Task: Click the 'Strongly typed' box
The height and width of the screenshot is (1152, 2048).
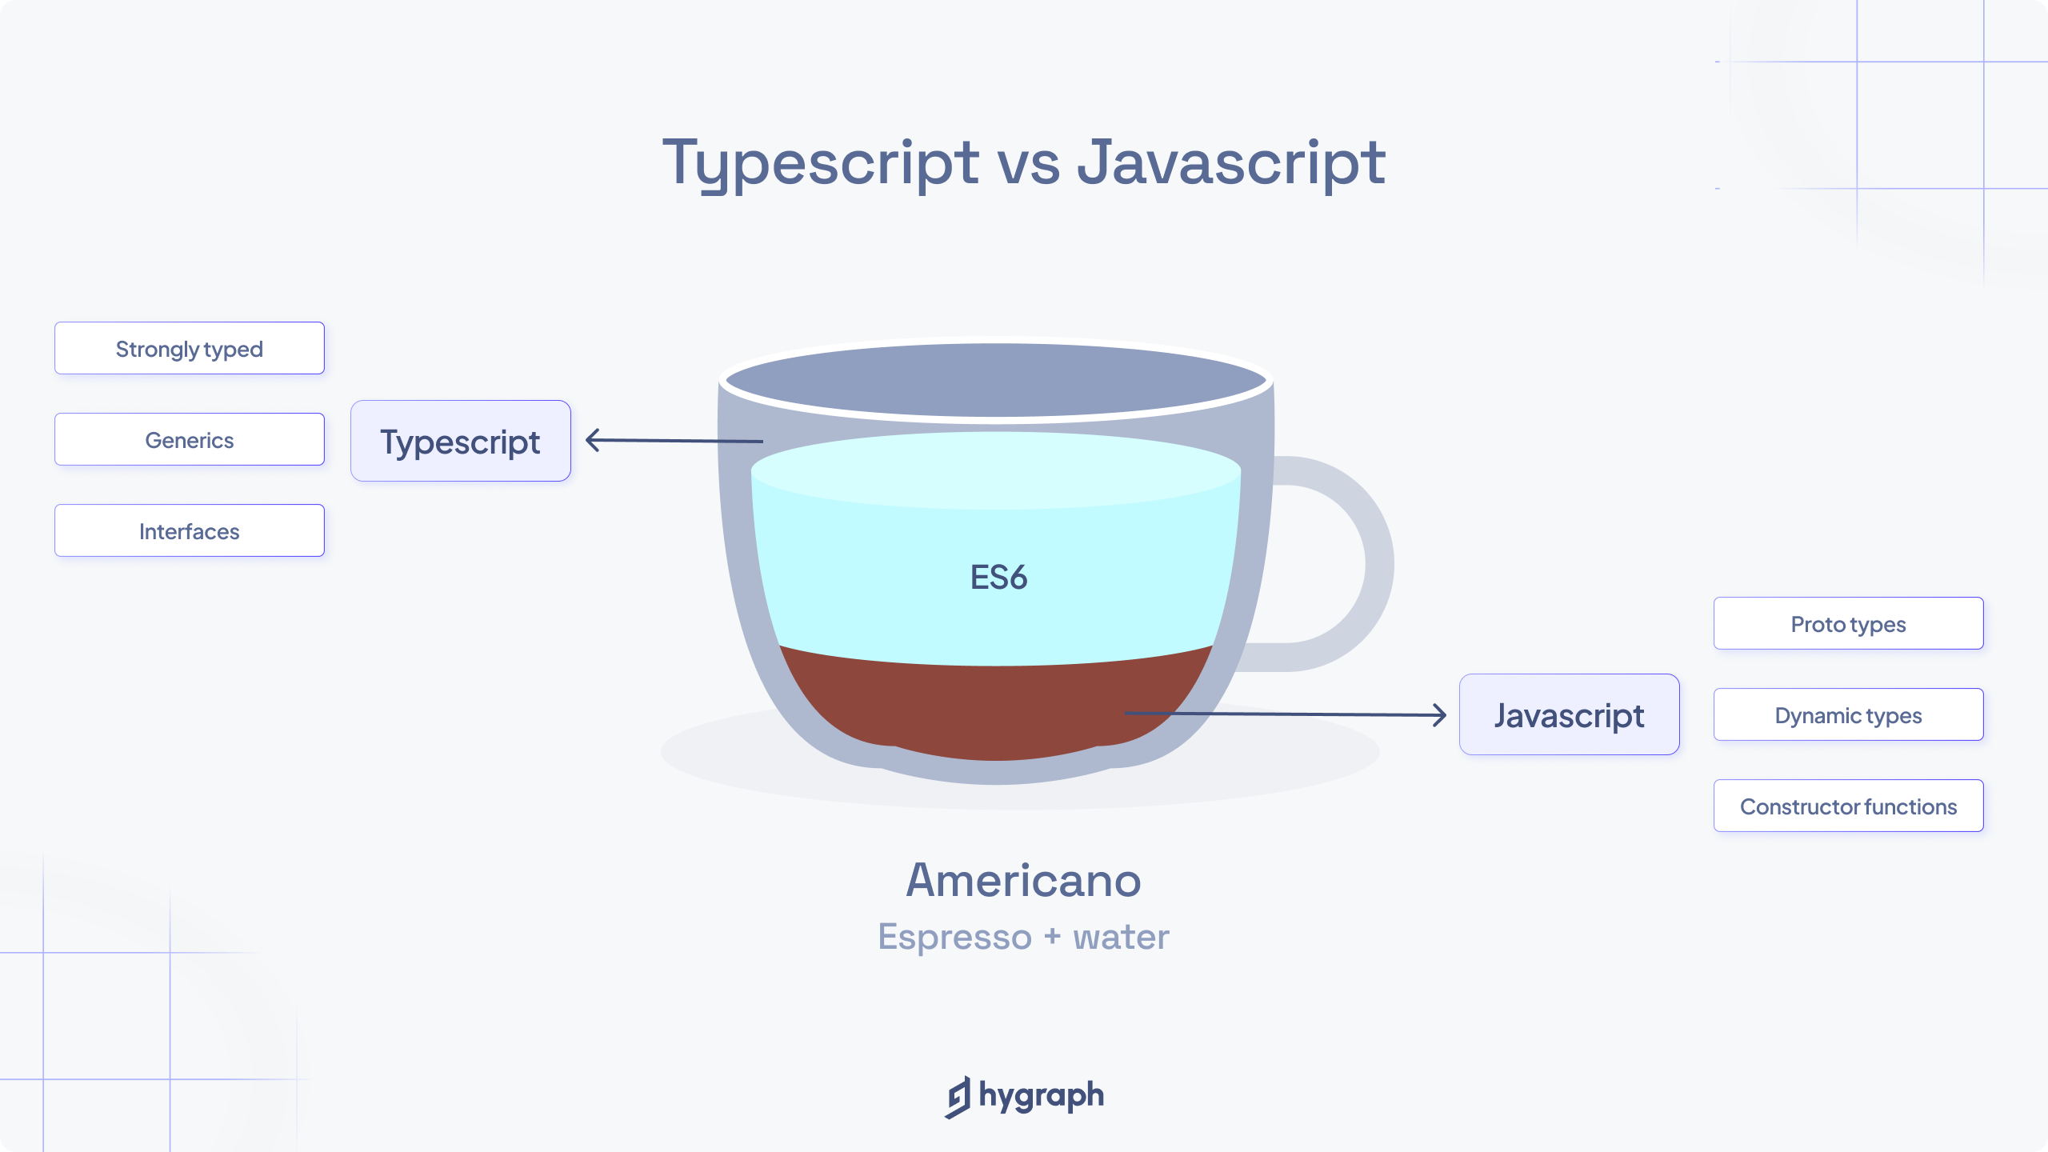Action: pos(190,348)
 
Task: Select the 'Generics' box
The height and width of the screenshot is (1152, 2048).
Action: pos(190,439)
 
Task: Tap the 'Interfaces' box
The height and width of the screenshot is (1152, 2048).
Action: pos(190,530)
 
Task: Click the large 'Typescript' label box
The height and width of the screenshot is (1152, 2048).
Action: pos(461,441)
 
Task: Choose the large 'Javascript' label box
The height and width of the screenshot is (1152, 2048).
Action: pos(1570,714)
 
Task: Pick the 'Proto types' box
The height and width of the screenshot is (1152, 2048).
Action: pos(1849,623)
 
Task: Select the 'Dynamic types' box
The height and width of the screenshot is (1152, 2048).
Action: pos(1849,714)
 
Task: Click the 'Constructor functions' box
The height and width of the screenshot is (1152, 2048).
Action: pos(1849,806)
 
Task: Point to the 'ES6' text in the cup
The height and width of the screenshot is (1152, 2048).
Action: pos(998,577)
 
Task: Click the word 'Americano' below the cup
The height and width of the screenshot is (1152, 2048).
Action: pos(1023,880)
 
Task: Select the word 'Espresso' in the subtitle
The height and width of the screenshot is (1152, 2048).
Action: pos(954,937)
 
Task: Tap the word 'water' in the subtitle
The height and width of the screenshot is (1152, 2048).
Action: pos(1121,937)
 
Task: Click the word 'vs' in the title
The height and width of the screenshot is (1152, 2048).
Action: pos(1028,163)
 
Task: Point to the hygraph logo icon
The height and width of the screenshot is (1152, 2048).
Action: pos(958,1097)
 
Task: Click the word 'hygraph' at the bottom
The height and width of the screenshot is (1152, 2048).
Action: pos(1042,1096)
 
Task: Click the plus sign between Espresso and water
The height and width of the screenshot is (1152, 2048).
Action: pos(1052,937)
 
